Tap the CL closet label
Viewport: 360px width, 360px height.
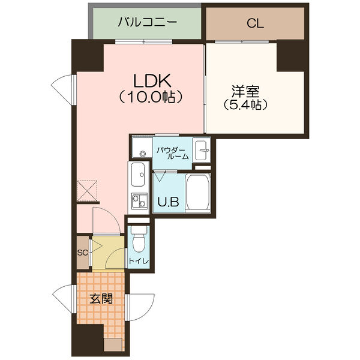coord(255,24)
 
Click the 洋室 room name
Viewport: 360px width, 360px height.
coord(245,91)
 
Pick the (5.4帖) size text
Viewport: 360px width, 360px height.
coord(245,104)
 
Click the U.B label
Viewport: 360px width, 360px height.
coord(168,202)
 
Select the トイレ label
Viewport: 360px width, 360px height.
coord(138,262)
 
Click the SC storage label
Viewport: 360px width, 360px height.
coord(83,252)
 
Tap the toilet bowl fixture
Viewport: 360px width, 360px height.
coord(138,241)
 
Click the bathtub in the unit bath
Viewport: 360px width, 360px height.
coord(198,193)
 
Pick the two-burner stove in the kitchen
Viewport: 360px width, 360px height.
coord(139,202)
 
